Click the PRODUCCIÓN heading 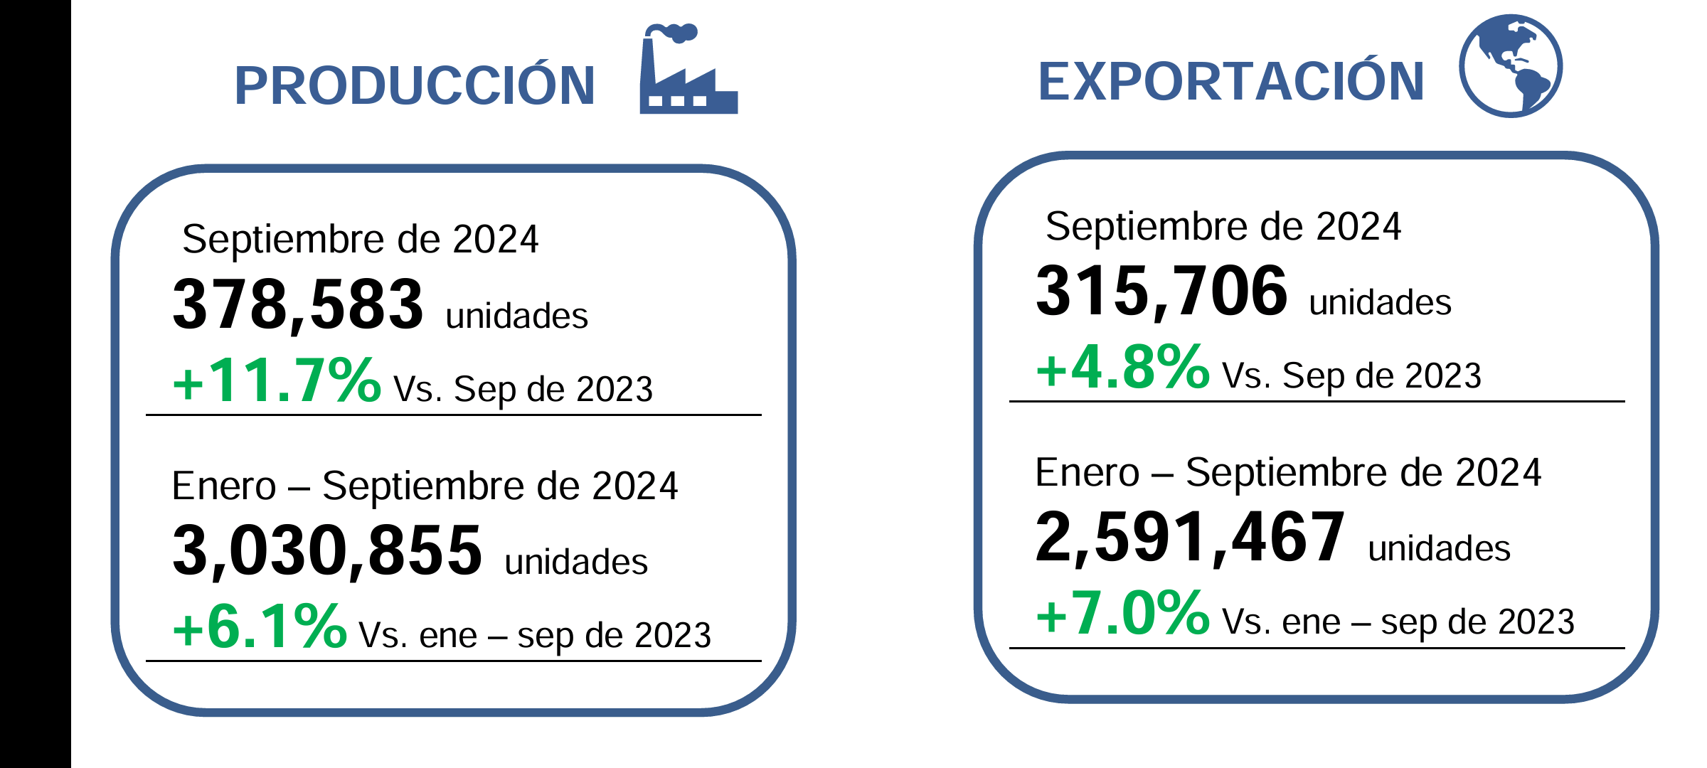[x=415, y=86]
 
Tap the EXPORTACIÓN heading [x=1231, y=82]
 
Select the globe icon [x=1510, y=66]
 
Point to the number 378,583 [x=298, y=304]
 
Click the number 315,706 [x=1161, y=291]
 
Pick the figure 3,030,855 [x=327, y=550]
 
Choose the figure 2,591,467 [x=1190, y=537]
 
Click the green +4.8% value [x=1122, y=367]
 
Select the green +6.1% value [x=260, y=626]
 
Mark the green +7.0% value [x=1122, y=613]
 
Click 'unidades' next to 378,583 [x=517, y=316]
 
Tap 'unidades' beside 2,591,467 [x=1439, y=548]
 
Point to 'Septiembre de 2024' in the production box [x=361, y=239]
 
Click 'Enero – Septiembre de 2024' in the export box [x=1288, y=472]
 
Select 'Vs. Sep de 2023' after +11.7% [x=523, y=389]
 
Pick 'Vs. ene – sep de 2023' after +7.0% [x=1398, y=622]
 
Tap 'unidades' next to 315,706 [x=1380, y=302]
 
